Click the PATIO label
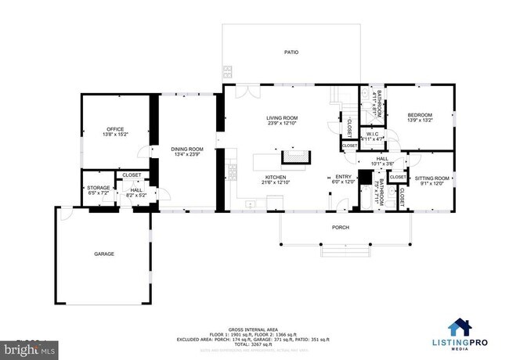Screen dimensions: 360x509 (291, 52)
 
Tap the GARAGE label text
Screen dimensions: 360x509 (104, 254)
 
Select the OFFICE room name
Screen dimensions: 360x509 (116, 129)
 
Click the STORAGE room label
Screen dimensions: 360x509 (99, 188)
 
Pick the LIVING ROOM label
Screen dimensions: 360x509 (283, 117)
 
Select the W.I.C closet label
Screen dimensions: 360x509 (371, 134)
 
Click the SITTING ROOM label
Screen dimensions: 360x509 (431, 178)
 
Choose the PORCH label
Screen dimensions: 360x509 (340, 228)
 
